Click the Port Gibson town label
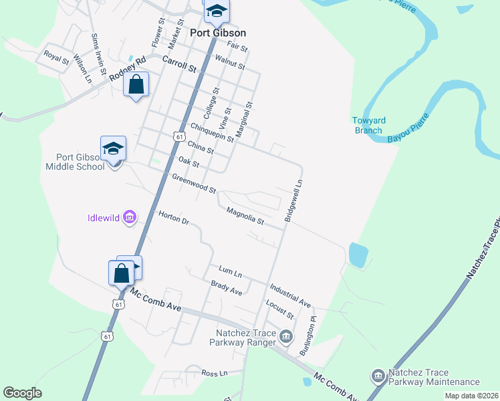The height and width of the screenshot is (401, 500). tap(218, 33)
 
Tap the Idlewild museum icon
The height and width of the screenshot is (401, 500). tap(130, 217)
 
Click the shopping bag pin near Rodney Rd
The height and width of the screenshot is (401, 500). tap(136, 85)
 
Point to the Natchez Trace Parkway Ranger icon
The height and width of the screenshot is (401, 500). tap(286, 336)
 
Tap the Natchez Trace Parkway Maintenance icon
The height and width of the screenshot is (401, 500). tap(378, 377)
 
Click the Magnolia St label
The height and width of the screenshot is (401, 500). tap(245, 217)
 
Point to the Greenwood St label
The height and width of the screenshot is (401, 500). tap(194, 184)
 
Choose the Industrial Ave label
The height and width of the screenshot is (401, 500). tap(290, 295)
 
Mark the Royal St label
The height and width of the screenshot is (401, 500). tap(56, 57)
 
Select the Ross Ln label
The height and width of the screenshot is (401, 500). tap(215, 373)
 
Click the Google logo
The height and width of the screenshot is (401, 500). tap(22, 393)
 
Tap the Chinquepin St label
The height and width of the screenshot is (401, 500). tap(212, 132)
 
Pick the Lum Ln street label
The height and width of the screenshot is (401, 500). tap(230, 271)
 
